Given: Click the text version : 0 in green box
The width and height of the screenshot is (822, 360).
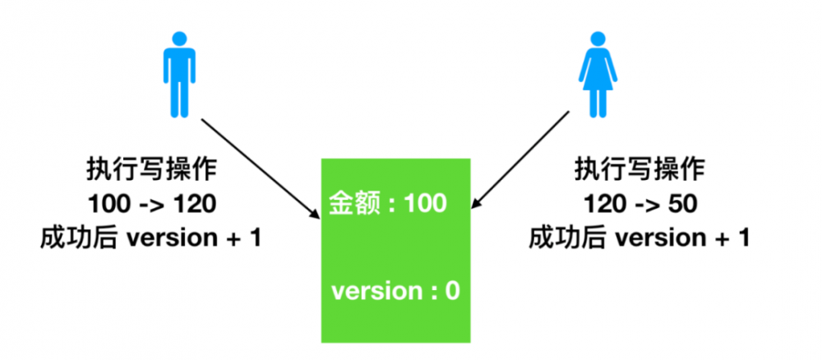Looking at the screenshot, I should pyautogui.click(x=395, y=291).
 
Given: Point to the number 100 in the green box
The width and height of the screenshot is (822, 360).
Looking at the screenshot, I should pyautogui.click(x=425, y=203).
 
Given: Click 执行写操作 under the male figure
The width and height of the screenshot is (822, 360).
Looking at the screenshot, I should pyautogui.click(x=151, y=170).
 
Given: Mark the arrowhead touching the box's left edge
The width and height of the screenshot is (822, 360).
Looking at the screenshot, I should pyautogui.click(x=315, y=214).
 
